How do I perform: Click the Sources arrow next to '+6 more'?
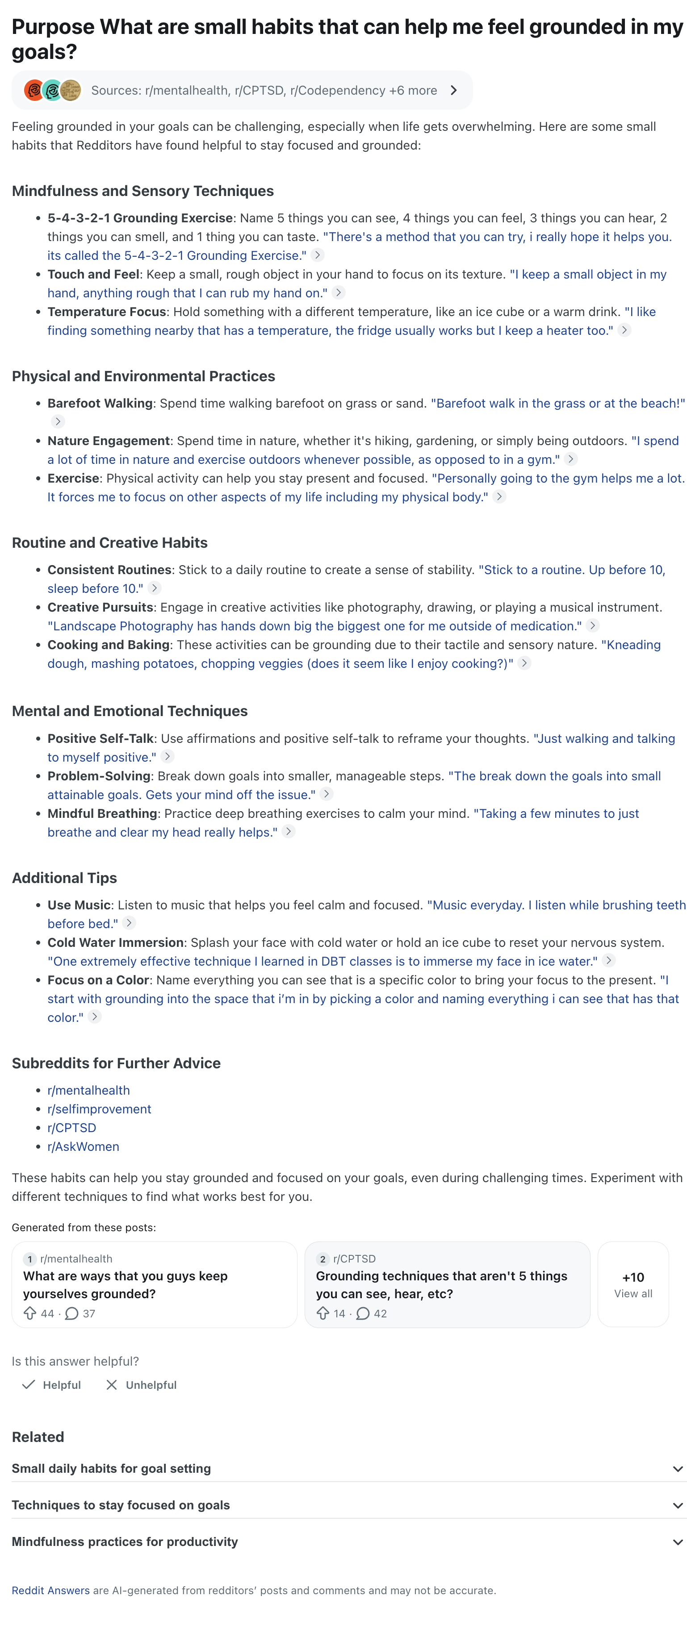(453, 90)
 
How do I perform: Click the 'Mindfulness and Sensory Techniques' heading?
(143, 191)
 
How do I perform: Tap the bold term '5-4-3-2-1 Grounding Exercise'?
(139, 218)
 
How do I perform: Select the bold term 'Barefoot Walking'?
(100, 403)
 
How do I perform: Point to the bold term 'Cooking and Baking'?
(109, 645)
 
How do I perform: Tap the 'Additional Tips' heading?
(64, 878)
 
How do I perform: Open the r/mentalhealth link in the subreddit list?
(88, 1090)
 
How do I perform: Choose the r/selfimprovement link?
(99, 1109)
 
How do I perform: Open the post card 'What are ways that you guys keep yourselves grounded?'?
(154, 1284)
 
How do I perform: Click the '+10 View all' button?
(633, 1284)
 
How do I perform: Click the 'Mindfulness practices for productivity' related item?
(125, 1542)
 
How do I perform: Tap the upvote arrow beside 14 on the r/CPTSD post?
(323, 1313)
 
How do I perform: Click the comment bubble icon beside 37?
(71, 1313)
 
